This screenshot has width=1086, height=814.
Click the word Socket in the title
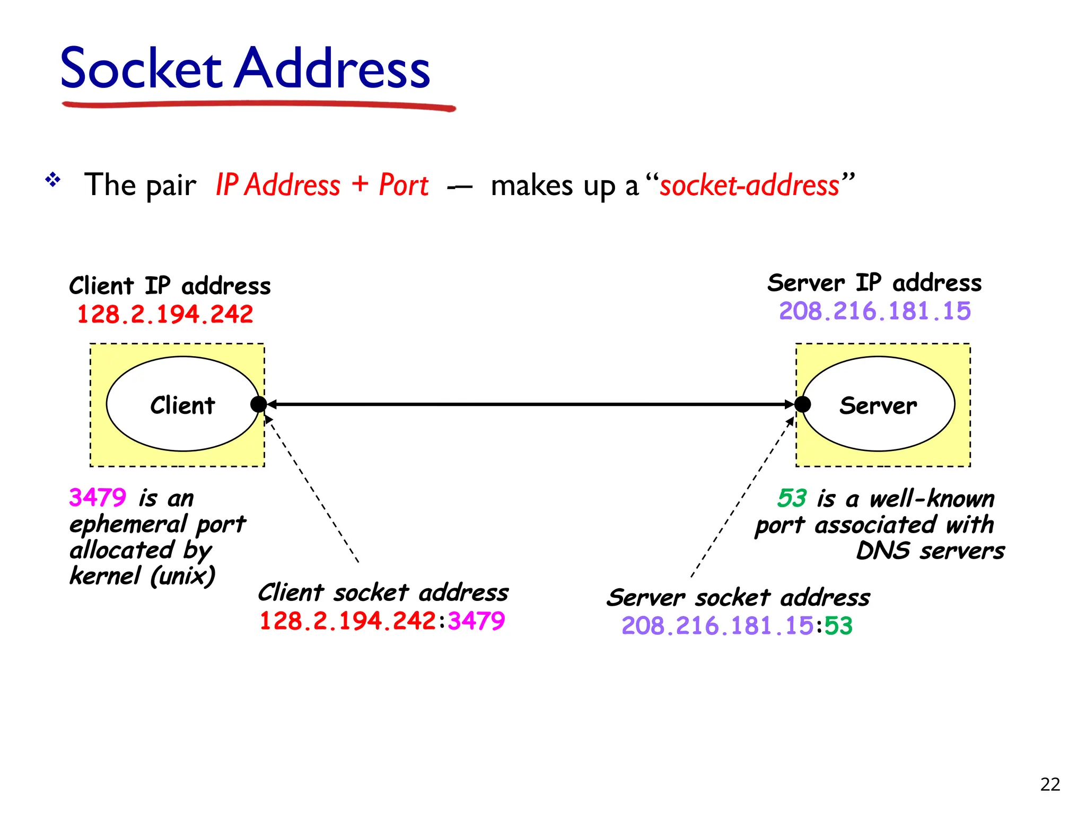click(x=141, y=69)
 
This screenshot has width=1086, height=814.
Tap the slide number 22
click(x=1050, y=784)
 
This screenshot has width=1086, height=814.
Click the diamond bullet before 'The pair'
click(x=53, y=180)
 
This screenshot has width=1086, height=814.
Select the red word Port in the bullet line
click(x=404, y=185)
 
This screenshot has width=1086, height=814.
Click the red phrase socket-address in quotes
click(x=749, y=185)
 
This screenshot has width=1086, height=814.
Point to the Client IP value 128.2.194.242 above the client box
click(x=165, y=314)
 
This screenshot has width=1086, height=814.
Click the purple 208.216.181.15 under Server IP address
click(x=874, y=311)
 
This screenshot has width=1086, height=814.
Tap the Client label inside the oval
click(x=182, y=405)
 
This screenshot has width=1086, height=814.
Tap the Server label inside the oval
click(x=878, y=405)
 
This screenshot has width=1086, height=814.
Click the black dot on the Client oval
click(x=258, y=404)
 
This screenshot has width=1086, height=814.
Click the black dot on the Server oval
click(x=803, y=404)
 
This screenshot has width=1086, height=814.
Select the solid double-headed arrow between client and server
click(x=530, y=404)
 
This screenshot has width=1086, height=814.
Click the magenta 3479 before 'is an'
click(x=98, y=498)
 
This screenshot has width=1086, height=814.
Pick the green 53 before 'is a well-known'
click(x=792, y=498)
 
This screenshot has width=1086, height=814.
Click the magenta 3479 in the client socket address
click(x=476, y=621)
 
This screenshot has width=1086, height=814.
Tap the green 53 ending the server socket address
click(x=838, y=626)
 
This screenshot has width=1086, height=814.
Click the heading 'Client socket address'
click(x=383, y=592)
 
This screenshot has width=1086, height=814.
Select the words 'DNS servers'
click(x=930, y=551)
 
